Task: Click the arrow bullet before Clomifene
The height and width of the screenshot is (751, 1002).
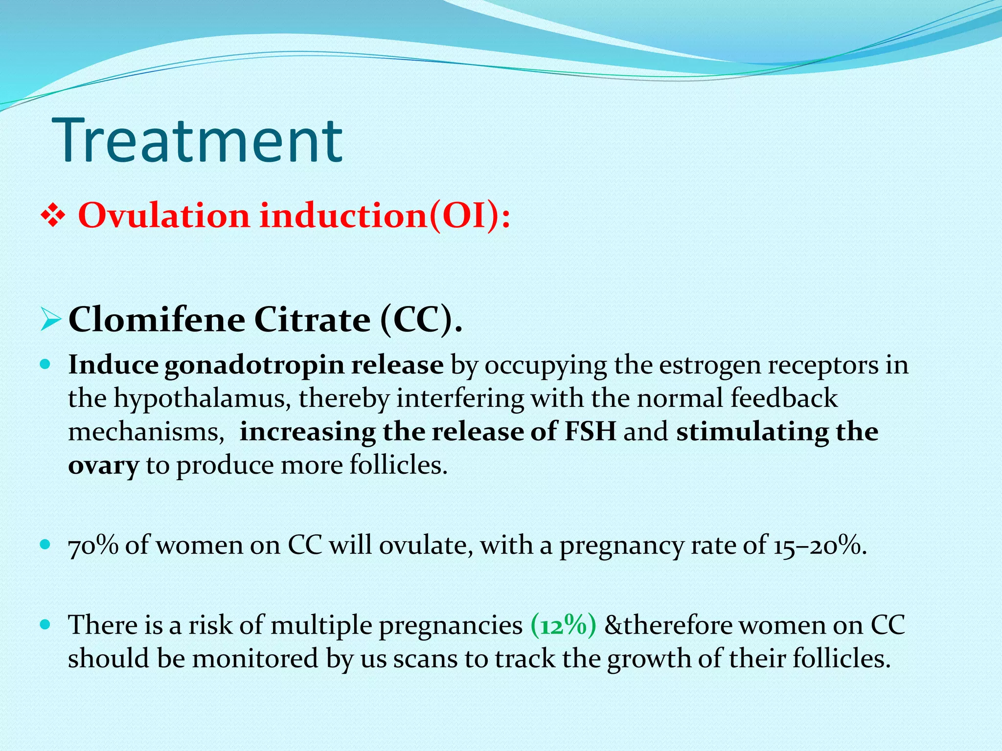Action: point(51,321)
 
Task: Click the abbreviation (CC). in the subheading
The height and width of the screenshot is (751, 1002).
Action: point(421,321)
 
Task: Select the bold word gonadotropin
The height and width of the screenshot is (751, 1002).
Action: point(254,366)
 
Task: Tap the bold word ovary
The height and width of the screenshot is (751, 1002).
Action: point(103,465)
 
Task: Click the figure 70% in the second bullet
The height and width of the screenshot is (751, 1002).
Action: point(93,545)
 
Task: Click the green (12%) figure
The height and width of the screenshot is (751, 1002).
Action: point(563,625)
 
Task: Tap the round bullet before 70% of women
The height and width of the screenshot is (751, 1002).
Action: point(45,544)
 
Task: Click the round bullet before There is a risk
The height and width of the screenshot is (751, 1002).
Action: point(45,624)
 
